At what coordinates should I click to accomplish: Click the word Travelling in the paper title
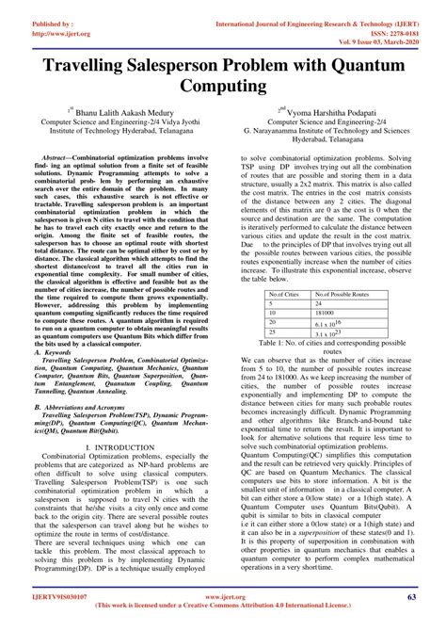[x=84, y=64]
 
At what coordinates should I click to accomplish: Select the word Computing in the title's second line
[x=223, y=87]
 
